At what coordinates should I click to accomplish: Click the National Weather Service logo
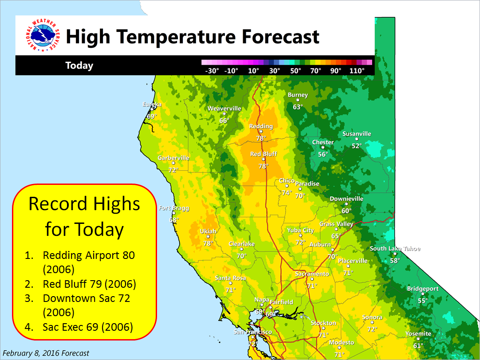tap(43, 35)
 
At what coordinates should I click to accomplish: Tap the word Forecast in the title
tap(280, 37)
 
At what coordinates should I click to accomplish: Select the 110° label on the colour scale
tap(357, 70)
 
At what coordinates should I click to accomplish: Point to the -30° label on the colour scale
tap(212, 70)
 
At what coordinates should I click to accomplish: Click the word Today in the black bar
tap(79, 66)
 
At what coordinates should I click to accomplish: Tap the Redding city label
tap(261, 126)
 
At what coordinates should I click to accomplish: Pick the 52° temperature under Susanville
tap(357, 146)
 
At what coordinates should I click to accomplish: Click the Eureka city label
tap(152, 104)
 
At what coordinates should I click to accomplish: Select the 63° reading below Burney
tap(298, 107)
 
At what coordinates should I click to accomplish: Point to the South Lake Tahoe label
tap(395, 249)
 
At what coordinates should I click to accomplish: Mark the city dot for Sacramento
tap(312, 279)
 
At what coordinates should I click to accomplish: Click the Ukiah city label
tap(208, 231)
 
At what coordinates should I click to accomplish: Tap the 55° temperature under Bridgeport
tap(423, 301)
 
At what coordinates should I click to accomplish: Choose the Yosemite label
tap(418, 334)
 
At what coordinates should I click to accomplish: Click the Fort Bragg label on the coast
tap(174, 208)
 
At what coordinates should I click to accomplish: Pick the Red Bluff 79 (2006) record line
tap(89, 284)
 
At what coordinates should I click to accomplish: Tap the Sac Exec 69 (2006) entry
tap(88, 327)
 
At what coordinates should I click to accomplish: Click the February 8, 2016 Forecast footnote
tap(46, 353)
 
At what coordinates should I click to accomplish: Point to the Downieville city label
tap(346, 199)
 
